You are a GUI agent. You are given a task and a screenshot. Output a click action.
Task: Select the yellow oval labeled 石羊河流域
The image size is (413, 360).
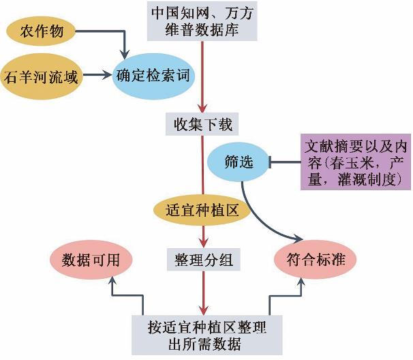click(41, 76)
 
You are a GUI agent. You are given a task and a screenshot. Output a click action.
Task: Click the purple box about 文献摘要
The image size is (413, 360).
click(356, 162)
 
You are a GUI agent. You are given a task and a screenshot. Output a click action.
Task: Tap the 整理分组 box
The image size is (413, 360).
click(202, 258)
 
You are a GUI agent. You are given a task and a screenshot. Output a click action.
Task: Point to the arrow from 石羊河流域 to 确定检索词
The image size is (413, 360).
click(96, 76)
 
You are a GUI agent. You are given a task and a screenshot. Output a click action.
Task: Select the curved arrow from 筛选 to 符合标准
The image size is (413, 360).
click(262, 218)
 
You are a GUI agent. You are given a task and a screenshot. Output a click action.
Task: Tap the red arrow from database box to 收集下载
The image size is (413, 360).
click(202, 75)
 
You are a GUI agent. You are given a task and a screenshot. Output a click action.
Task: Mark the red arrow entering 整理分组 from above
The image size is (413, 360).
click(202, 235)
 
